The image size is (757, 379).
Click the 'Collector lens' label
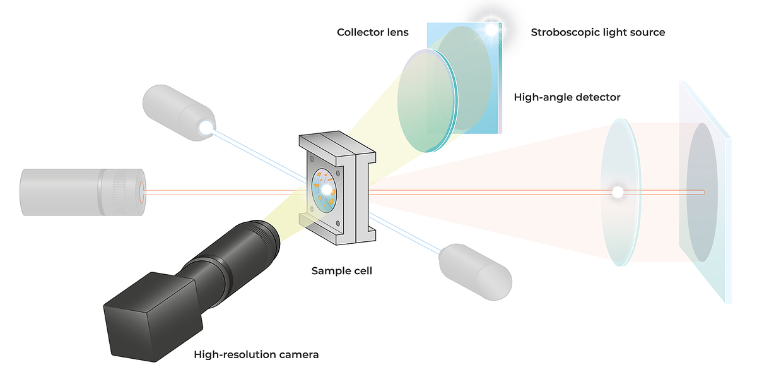click(372, 32)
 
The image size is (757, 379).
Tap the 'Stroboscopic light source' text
click(597, 32)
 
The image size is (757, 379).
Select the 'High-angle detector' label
click(567, 97)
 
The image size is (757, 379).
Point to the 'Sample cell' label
click(342, 271)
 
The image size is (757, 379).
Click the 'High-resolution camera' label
click(256, 354)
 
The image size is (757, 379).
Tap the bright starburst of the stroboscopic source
click(491, 27)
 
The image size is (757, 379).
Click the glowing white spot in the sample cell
click(326, 189)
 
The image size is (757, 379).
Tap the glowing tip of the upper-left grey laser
click(205, 128)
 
